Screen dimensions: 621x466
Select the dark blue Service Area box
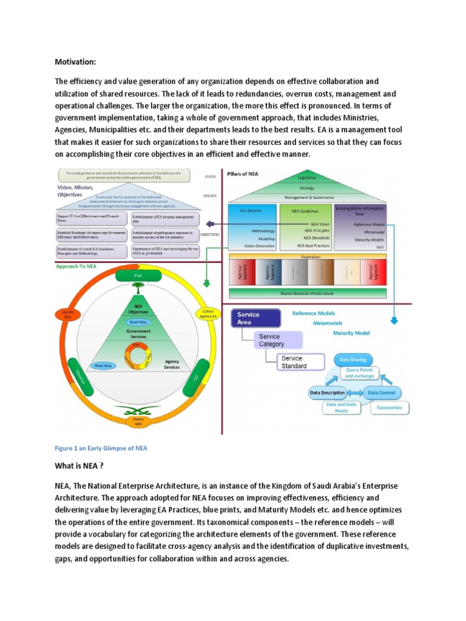pyautogui.click(x=257, y=318)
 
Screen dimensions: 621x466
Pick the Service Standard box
pyautogui.click(x=299, y=362)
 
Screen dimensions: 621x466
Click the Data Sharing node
pyautogui.click(x=353, y=360)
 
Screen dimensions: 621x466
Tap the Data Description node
pyautogui.click(x=328, y=392)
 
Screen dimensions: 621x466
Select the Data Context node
pyautogui.click(x=383, y=392)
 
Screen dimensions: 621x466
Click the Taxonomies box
pyautogui.click(x=390, y=408)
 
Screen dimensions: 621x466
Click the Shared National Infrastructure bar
pyautogui.click(x=306, y=294)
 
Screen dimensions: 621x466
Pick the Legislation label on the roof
pyautogui.click(x=306, y=178)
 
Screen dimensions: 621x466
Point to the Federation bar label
pyautogui.click(x=306, y=257)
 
